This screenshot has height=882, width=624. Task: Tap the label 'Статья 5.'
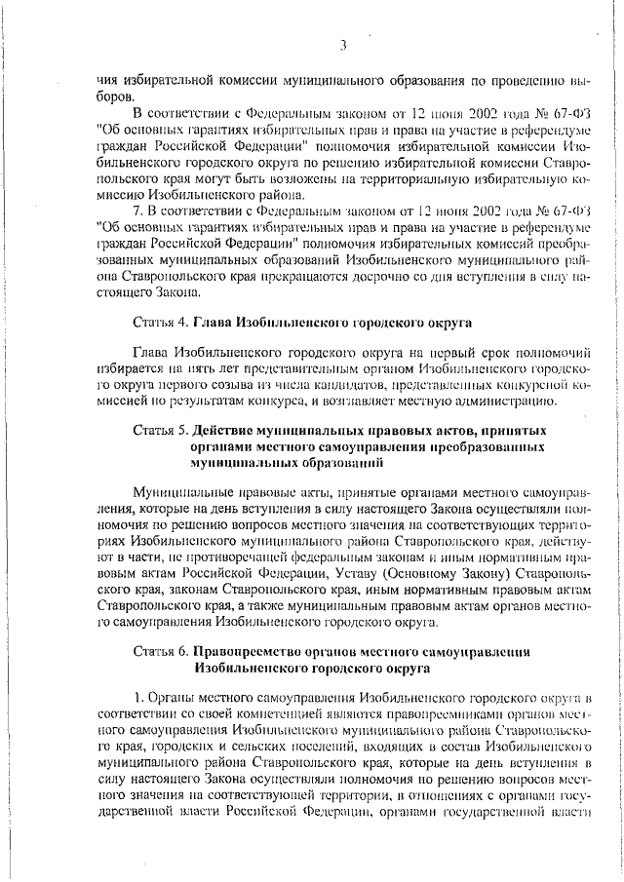coord(161,430)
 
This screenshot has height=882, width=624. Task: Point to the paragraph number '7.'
coord(138,210)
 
